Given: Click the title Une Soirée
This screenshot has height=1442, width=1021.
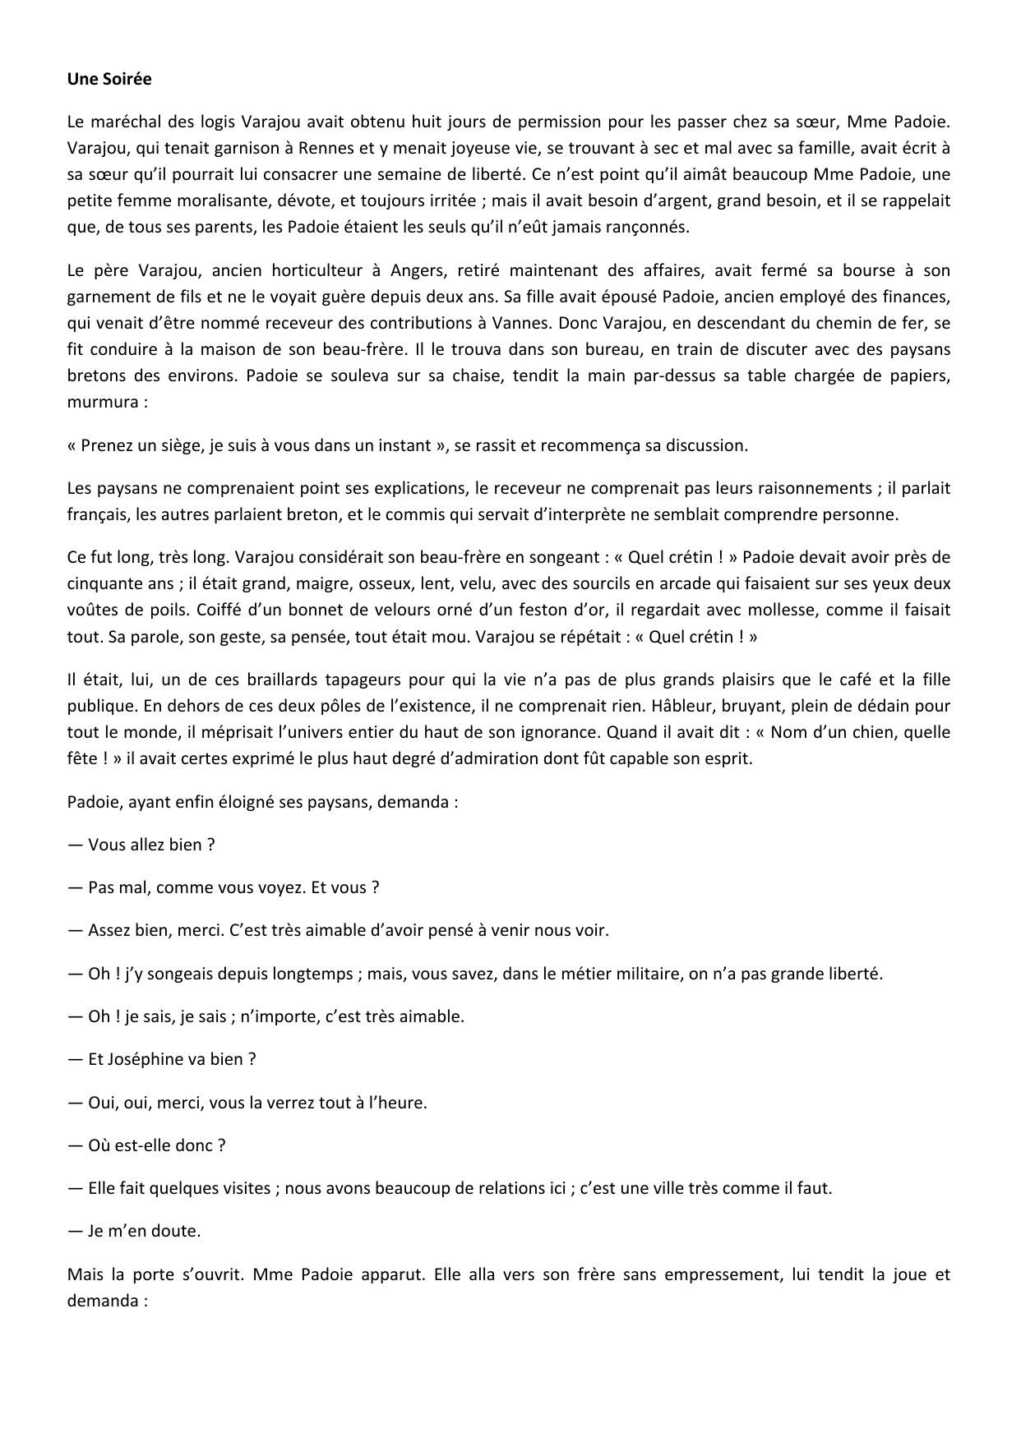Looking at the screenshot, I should click(109, 80).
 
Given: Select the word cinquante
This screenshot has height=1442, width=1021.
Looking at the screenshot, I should click(103, 584).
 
